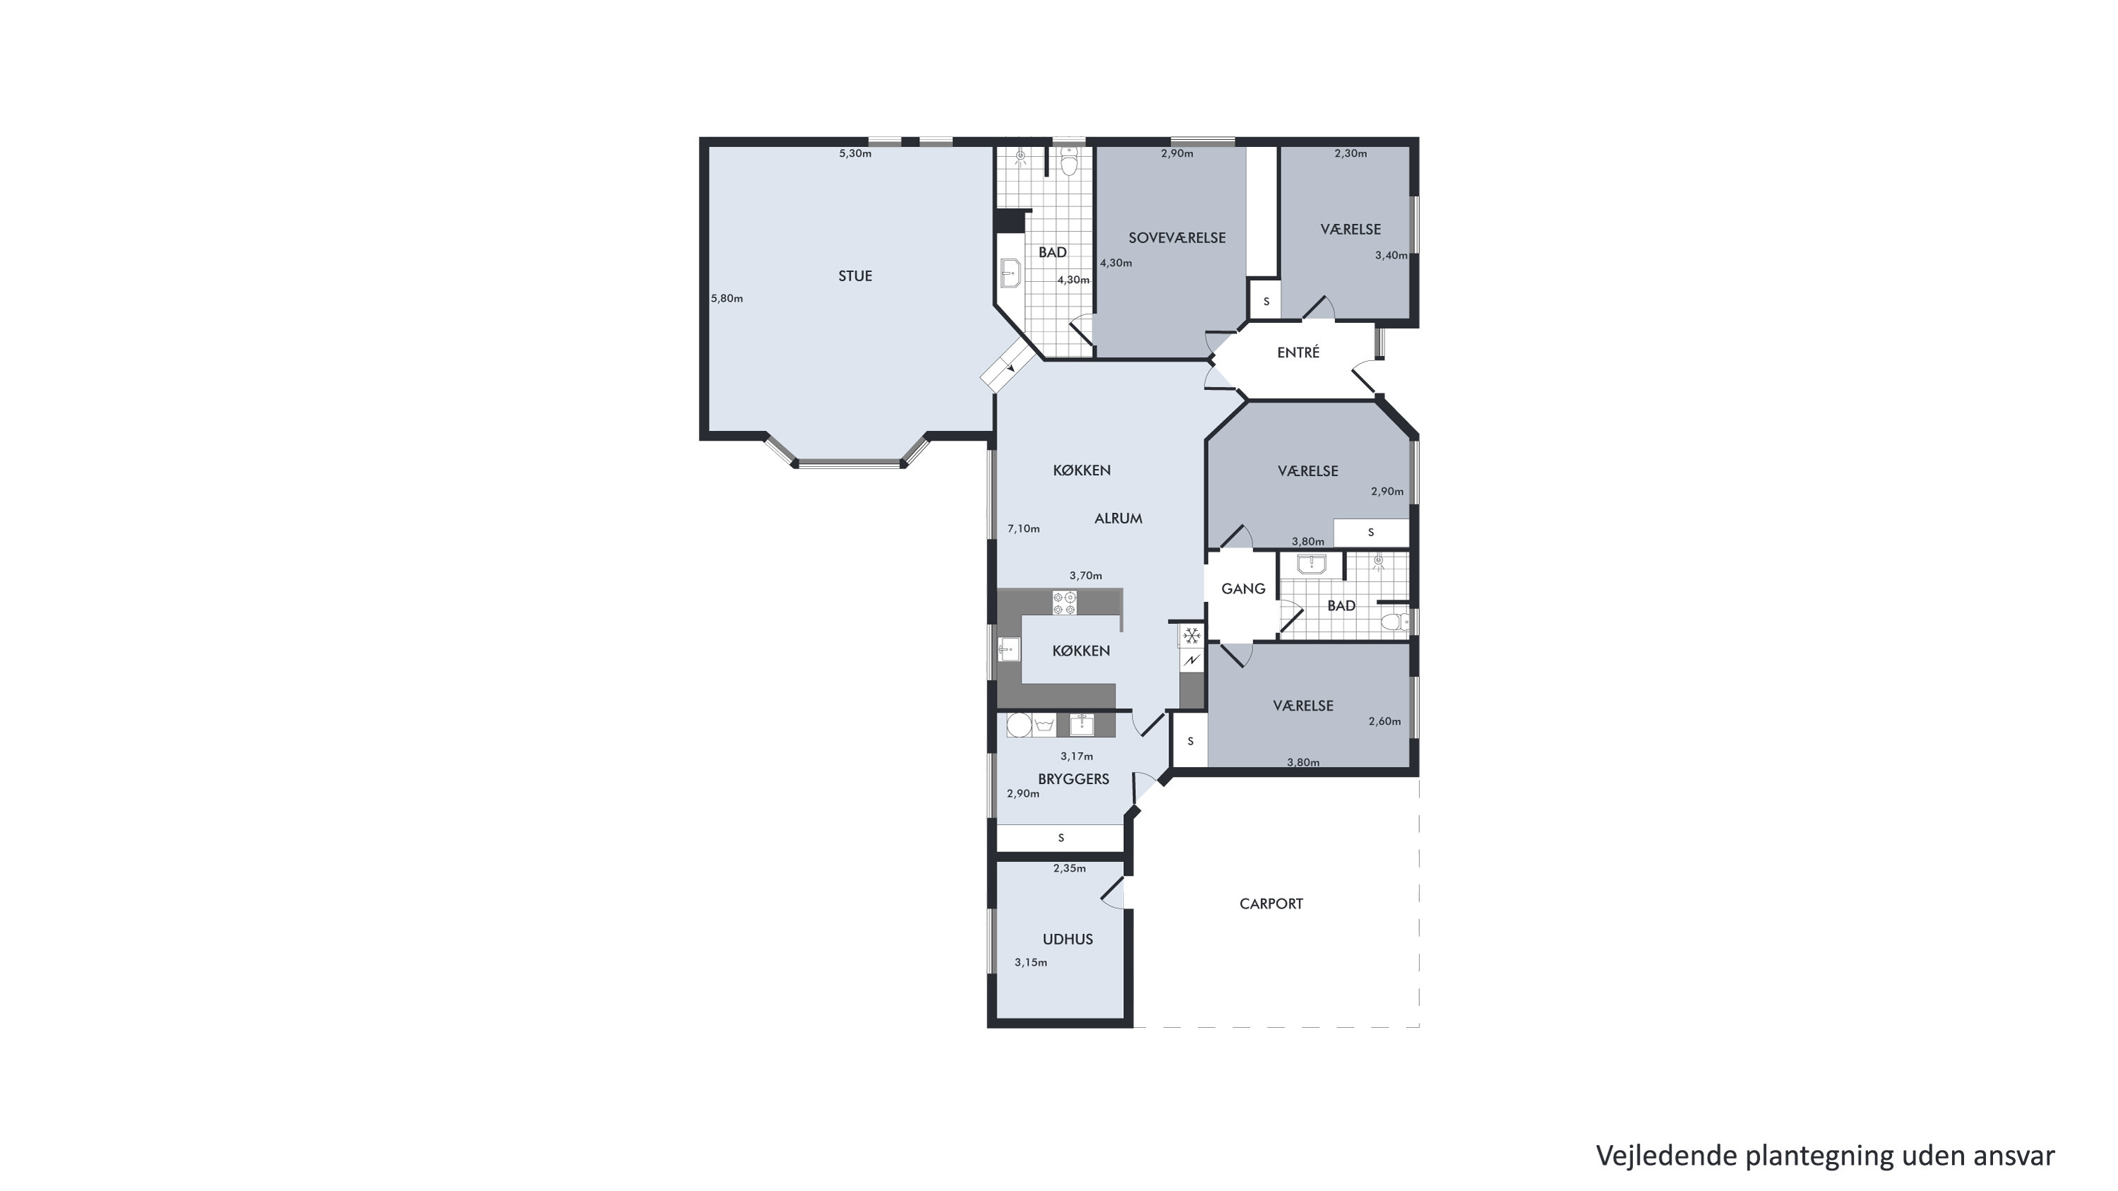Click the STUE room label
coord(855,276)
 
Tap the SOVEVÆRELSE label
coord(1177,238)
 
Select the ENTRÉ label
coord(1298,352)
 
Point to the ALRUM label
coord(1118,519)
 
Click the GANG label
coord(1243,589)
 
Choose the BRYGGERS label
coord(1074,779)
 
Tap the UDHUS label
coord(1068,940)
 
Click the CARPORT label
coord(1271,904)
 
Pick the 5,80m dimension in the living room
coord(727,299)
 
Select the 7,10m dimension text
coord(1024,529)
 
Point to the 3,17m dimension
coord(1076,757)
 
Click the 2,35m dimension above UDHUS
coord(1070,869)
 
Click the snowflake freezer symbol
coord(1192,636)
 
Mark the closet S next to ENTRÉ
coord(1266,302)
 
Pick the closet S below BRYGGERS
coord(1060,838)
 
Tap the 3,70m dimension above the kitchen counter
coord(1085,576)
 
